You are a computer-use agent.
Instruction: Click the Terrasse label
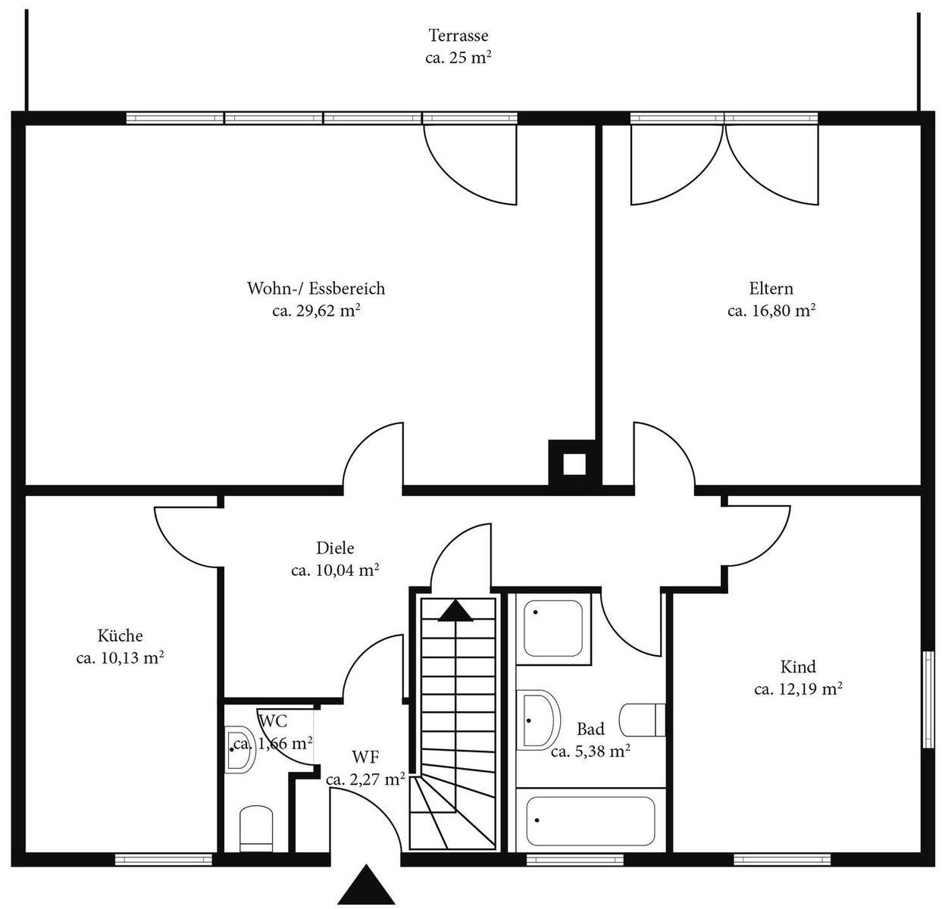tap(458, 36)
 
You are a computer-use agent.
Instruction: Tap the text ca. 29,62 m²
tap(316, 311)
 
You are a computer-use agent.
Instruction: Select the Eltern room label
tap(771, 289)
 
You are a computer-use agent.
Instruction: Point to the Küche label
tap(120, 636)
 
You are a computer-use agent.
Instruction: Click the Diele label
tap(335, 548)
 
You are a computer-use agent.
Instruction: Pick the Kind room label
tap(798, 667)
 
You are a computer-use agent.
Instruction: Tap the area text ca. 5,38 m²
tap(590, 751)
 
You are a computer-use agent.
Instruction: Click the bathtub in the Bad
tap(590, 820)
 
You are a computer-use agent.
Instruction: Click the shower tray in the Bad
tap(553, 628)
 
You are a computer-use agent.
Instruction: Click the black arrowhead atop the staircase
tap(455, 611)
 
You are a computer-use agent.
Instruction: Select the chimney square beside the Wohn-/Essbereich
tap(574, 464)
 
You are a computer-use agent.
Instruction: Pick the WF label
tap(366, 757)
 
